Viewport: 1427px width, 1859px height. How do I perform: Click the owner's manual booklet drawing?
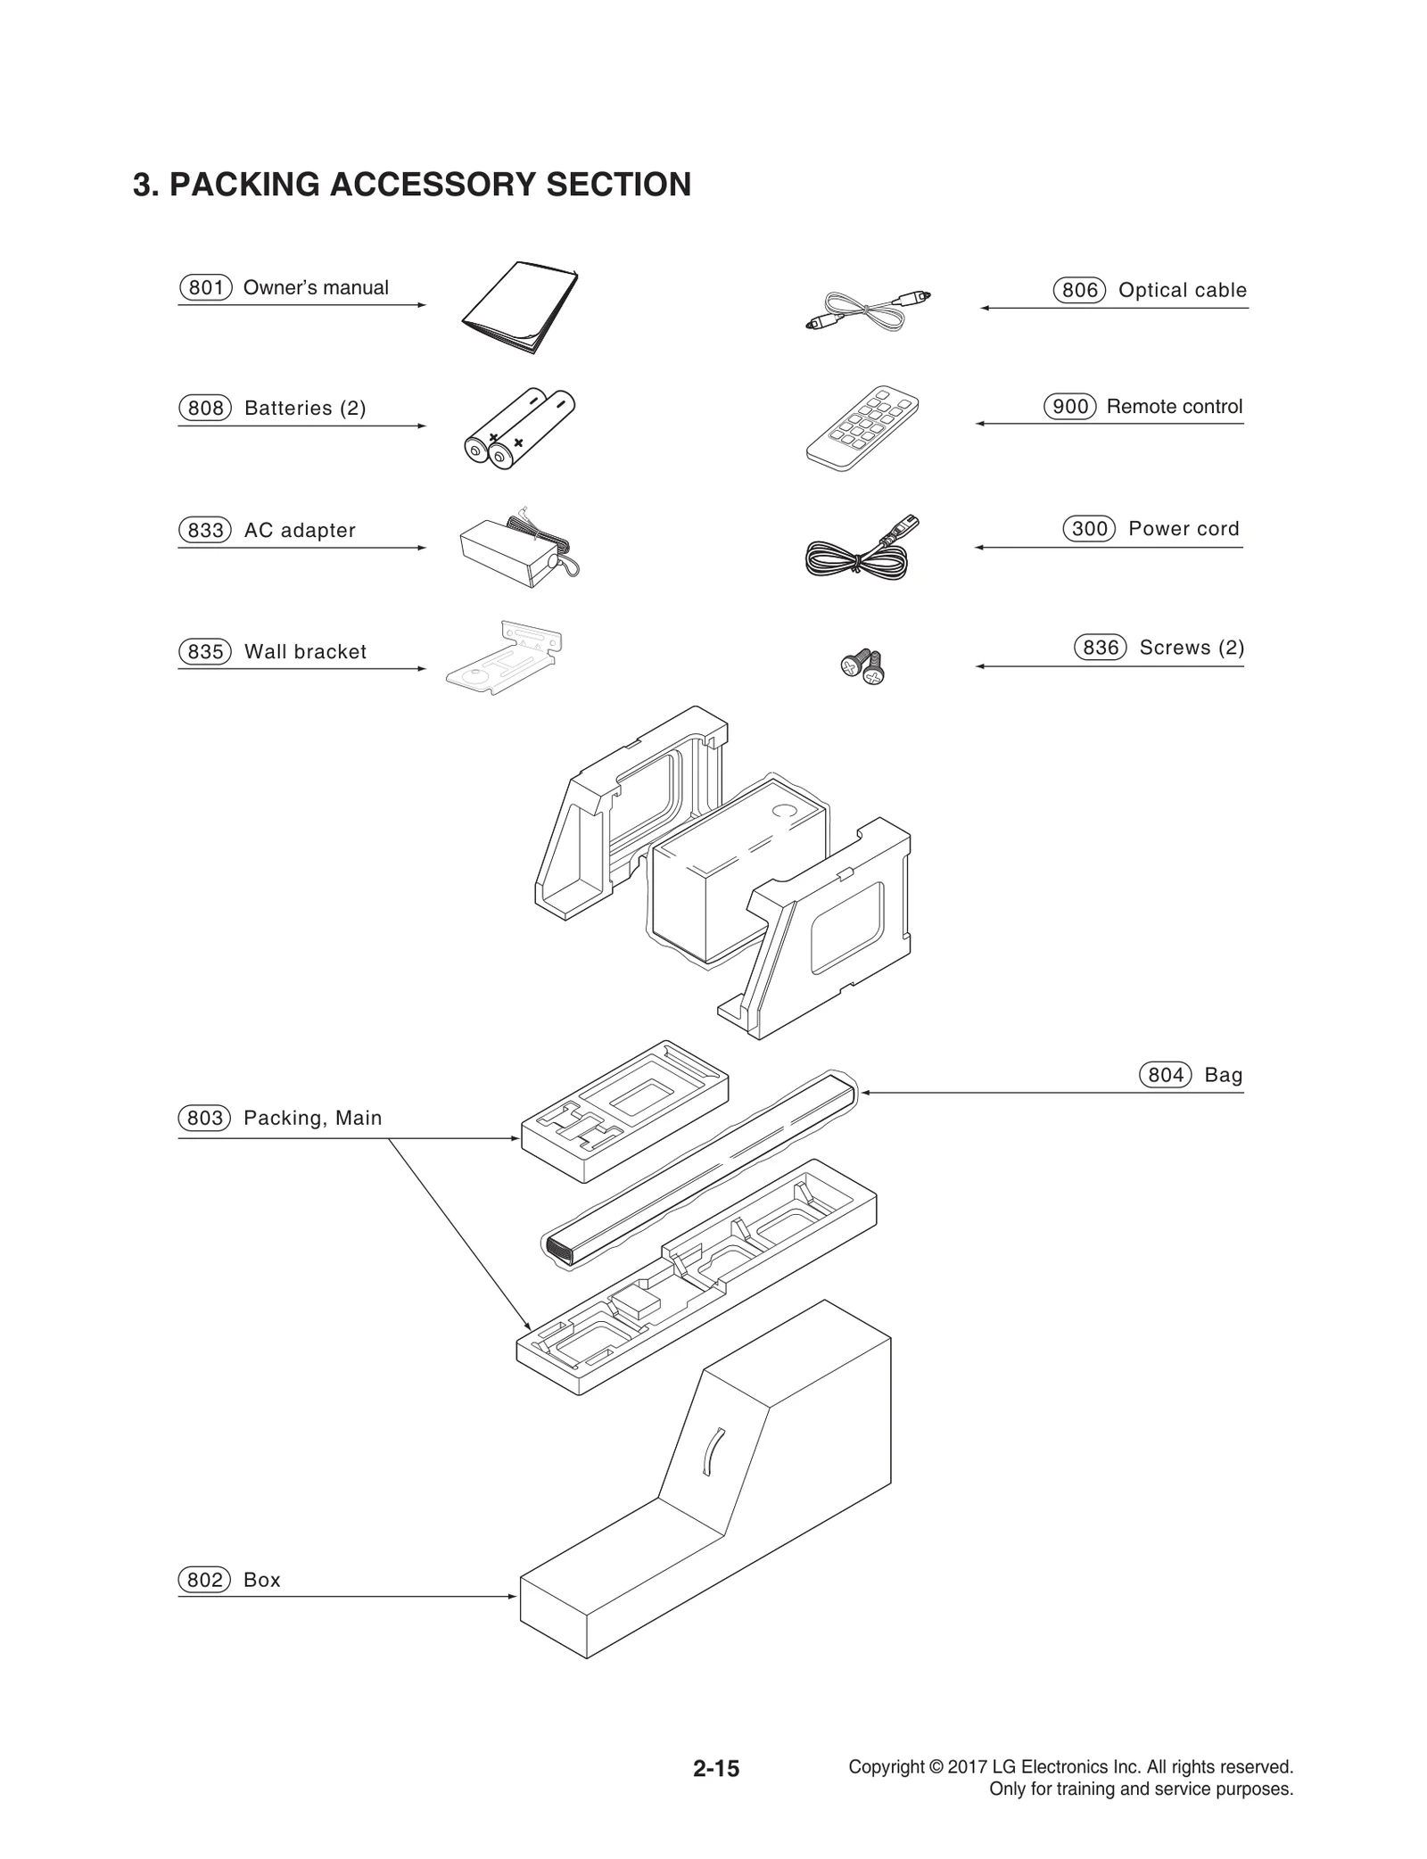click(x=519, y=307)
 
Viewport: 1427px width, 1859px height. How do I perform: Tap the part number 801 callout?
click(x=206, y=287)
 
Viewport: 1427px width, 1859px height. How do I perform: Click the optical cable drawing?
click(x=867, y=312)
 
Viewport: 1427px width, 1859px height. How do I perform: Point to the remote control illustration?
click(x=862, y=429)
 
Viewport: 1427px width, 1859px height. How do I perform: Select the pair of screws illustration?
click(x=863, y=666)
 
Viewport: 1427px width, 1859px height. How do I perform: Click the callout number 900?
click(x=1069, y=407)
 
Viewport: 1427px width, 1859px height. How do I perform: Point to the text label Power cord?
click(x=1184, y=528)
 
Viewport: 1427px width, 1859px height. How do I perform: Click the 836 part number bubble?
click(x=1101, y=648)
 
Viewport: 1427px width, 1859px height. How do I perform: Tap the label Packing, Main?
click(x=312, y=1118)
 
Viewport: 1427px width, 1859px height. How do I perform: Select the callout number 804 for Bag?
click(x=1165, y=1075)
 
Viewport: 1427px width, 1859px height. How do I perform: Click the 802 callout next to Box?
click(x=205, y=1580)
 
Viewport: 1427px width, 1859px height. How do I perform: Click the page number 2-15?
click(x=715, y=1768)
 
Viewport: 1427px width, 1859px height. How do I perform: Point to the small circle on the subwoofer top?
click(x=785, y=811)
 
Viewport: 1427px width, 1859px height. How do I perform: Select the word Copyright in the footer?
click(x=886, y=1766)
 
